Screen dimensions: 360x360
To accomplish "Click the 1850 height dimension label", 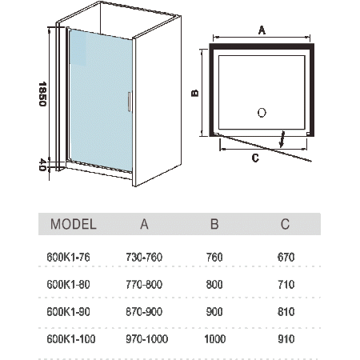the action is [42, 94].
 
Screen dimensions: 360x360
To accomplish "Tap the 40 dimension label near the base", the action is [42, 165].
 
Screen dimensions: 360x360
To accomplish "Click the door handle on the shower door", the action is [130, 102].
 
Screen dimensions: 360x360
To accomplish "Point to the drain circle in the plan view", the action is [262, 113].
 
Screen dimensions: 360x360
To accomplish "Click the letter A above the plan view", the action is [262, 30].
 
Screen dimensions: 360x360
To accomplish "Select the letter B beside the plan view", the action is [195, 93].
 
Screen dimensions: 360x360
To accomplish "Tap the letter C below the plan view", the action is [255, 158].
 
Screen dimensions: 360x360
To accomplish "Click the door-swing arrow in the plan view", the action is [282, 139].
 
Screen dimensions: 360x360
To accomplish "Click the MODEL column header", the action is [74, 224].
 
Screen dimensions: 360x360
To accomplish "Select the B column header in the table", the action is [214, 224].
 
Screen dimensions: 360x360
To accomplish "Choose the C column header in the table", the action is [285, 224].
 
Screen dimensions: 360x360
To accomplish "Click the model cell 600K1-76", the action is [68, 258].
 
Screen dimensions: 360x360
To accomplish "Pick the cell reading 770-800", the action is [144, 285].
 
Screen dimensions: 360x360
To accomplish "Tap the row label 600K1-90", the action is [68, 312].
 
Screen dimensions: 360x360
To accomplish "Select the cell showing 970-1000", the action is [147, 339].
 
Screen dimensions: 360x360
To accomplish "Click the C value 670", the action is [286, 258].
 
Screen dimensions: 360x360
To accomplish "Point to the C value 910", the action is [286, 339].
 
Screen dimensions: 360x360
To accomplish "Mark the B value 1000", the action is [215, 339].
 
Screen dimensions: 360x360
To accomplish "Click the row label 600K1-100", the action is [71, 339].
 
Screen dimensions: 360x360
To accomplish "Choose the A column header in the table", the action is [144, 224].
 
